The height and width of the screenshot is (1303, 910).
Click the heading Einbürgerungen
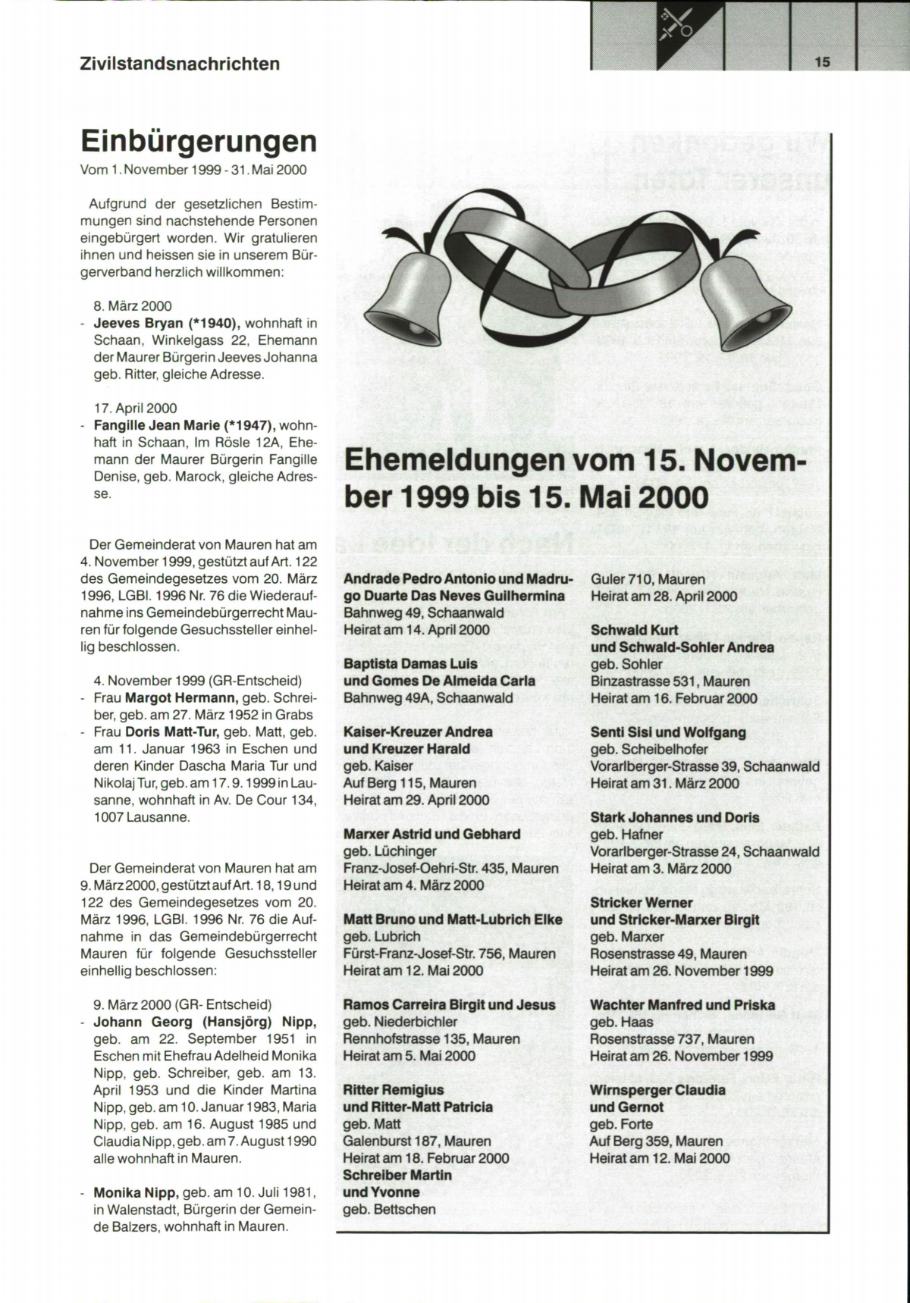pos(198,142)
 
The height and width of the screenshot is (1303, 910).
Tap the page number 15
pos(823,62)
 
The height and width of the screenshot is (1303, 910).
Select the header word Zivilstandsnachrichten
pos(180,64)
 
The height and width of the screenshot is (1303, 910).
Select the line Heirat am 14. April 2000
pos(416,630)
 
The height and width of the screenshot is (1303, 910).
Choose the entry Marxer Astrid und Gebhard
pos(431,835)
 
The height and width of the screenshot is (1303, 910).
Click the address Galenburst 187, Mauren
pos(416,1141)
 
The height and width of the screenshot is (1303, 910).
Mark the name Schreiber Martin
pos(397,1175)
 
